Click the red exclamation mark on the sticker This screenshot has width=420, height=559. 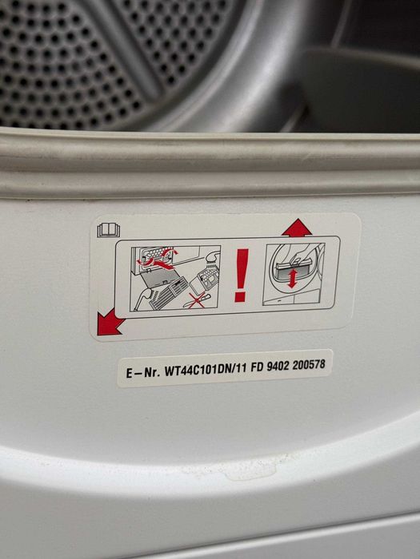242,276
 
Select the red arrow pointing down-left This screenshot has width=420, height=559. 110,323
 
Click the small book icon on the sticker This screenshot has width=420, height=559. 109,230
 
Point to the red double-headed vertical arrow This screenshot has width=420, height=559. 292,279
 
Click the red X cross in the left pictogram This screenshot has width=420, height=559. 197,300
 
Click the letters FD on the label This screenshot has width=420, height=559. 257,367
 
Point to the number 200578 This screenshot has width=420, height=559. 309,365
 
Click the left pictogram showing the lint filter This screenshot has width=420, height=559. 175,278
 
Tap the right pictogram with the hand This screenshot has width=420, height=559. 294,274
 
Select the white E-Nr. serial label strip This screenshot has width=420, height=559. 225,368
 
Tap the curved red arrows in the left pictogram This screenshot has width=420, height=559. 161,260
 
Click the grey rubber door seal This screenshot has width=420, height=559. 210,162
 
